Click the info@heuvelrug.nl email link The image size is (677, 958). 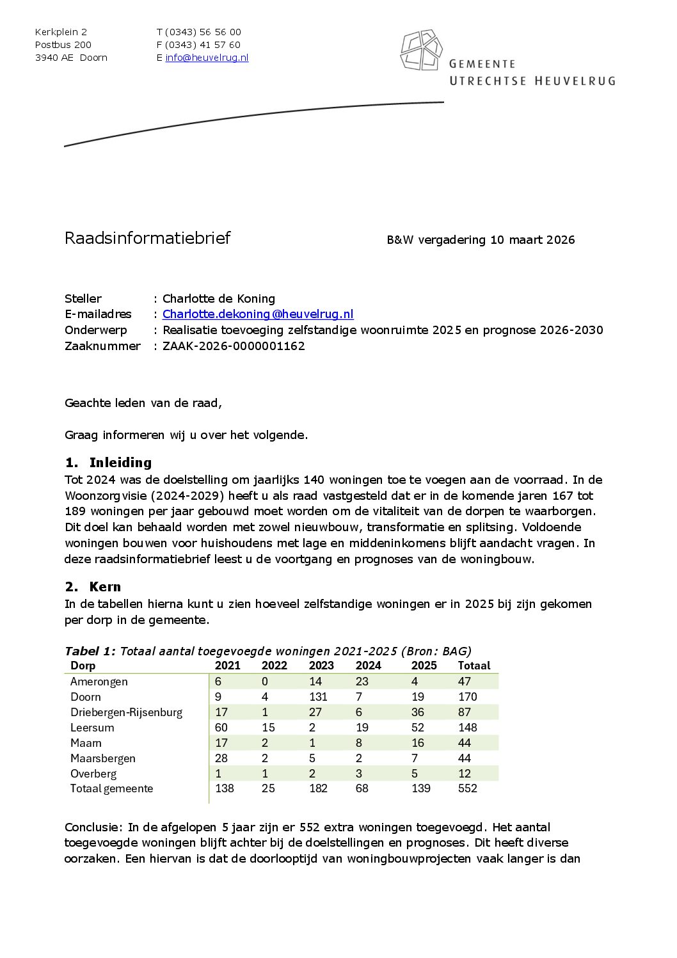coord(207,58)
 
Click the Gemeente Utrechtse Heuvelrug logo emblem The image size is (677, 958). coord(421,50)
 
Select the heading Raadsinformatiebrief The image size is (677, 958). coord(147,238)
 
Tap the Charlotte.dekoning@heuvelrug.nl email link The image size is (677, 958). coord(258,314)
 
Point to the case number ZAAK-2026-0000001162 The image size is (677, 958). coord(234,346)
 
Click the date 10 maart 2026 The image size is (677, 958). coord(532,240)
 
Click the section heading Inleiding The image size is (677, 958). coord(120,463)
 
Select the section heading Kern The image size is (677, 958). coord(105,587)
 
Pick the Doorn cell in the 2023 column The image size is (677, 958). coord(318,697)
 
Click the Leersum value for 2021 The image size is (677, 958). coord(221,728)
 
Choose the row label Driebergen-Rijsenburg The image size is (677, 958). coord(126,712)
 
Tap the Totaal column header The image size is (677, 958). coord(474,666)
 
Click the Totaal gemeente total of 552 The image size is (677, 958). coord(467,788)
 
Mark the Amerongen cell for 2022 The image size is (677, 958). coord(265,682)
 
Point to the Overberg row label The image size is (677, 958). coord(93,774)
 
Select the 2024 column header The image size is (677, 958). coord(368,666)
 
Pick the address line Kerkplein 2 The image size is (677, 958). coord(61,32)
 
